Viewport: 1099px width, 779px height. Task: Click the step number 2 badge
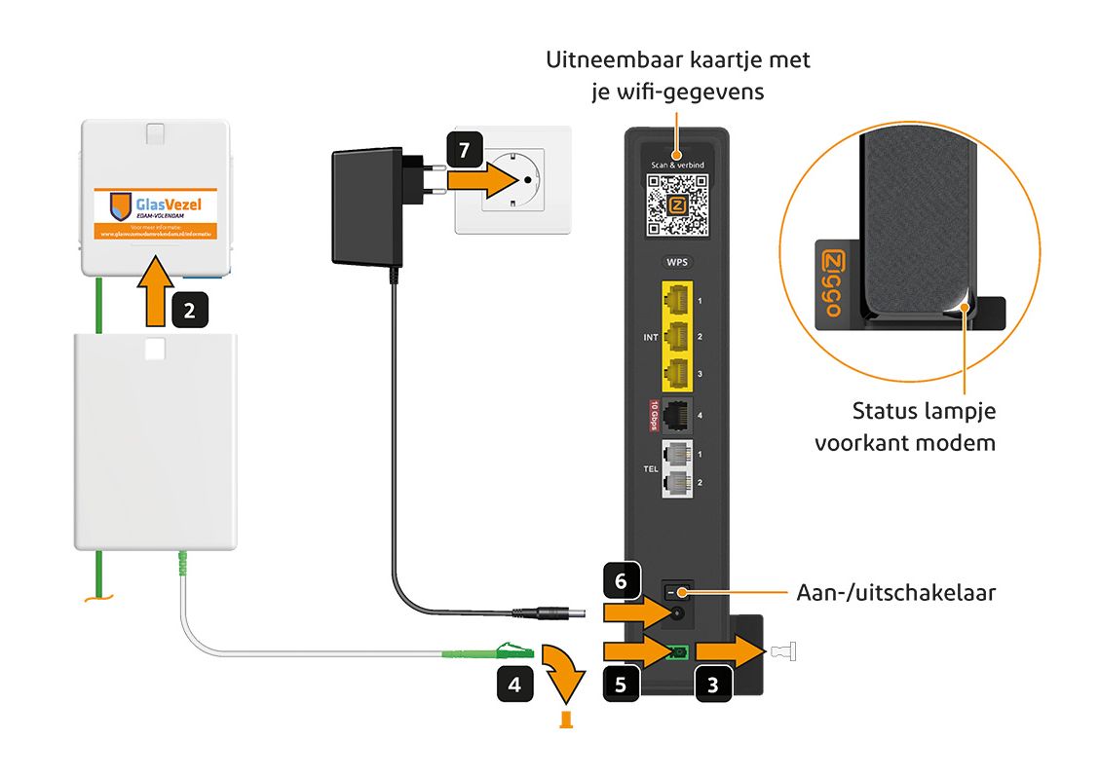[189, 311]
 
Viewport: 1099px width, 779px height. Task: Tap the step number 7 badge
[464, 151]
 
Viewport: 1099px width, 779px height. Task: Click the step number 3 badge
[713, 683]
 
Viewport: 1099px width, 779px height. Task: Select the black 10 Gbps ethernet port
[677, 415]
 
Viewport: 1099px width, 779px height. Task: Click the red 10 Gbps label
[655, 415]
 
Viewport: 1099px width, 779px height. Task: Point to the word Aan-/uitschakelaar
[895, 592]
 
